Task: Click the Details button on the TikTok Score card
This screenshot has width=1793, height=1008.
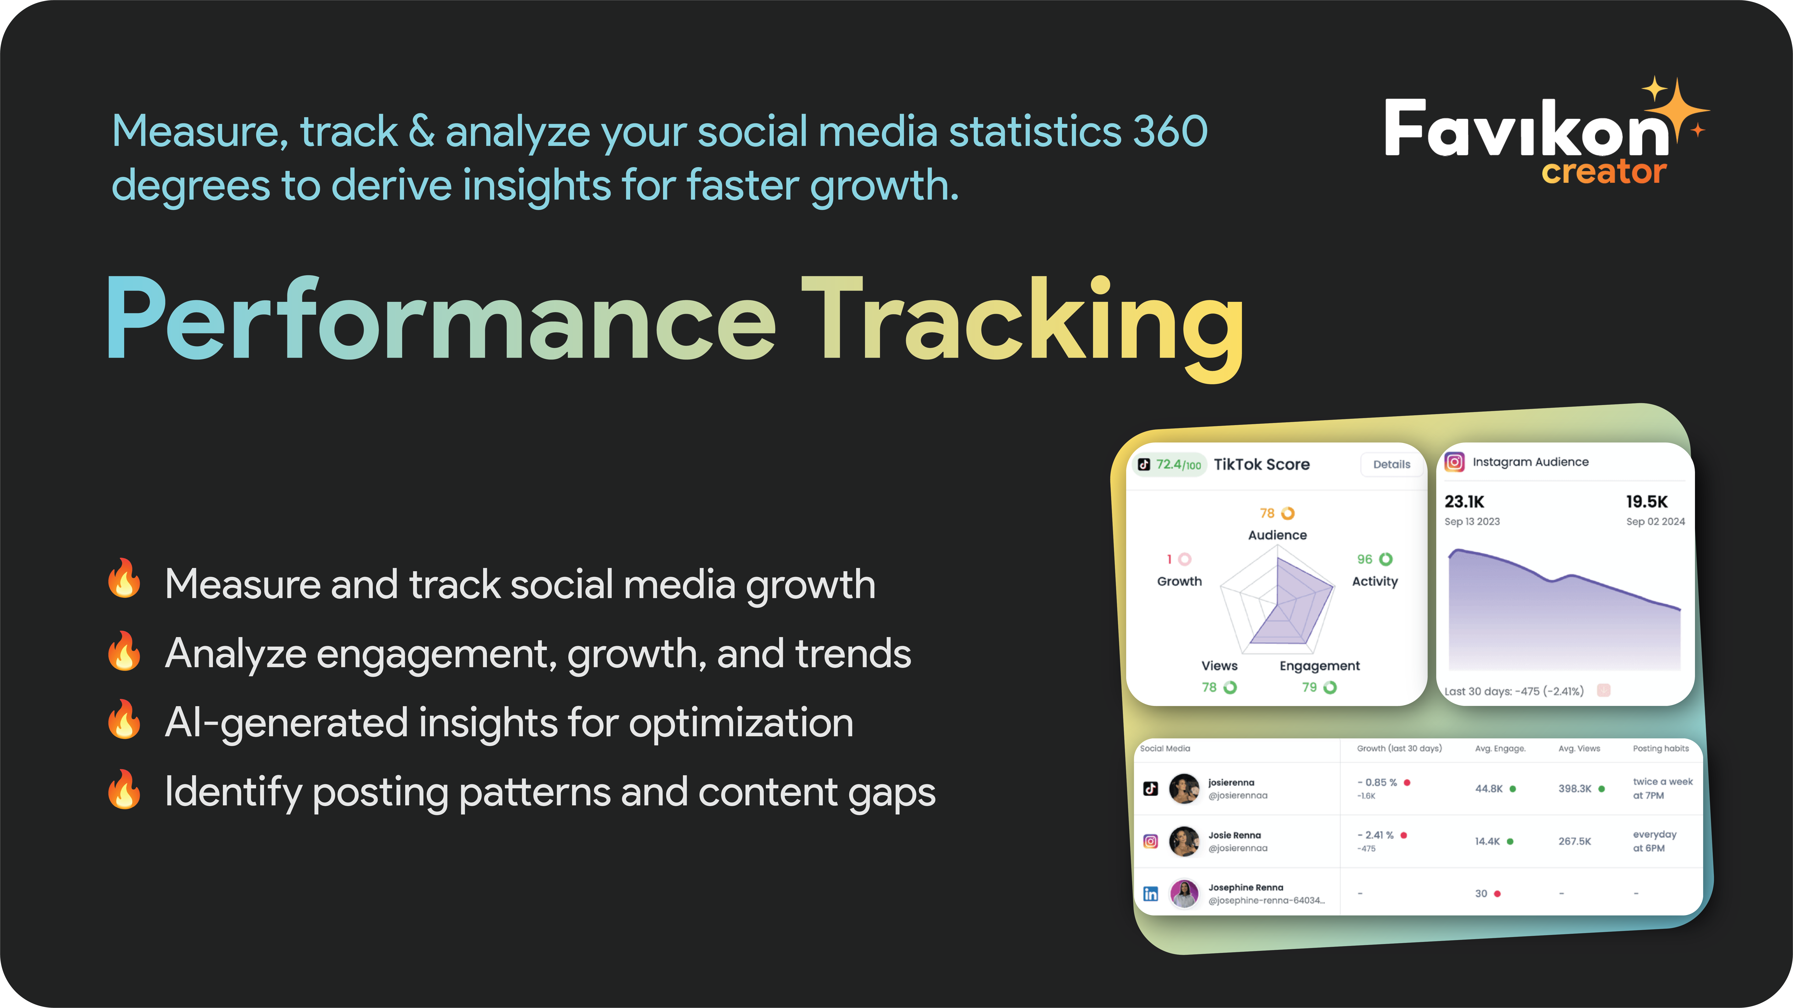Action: (x=1391, y=464)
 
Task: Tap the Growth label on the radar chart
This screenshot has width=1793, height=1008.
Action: (x=1179, y=581)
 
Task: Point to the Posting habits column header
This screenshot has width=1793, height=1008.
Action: (x=1661, y=748)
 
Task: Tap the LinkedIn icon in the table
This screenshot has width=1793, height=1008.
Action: (x=1150, y=894)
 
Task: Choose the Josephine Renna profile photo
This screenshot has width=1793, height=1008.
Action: (x=1184, y=894)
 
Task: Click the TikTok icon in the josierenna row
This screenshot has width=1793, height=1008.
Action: (x=1150, y=789)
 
